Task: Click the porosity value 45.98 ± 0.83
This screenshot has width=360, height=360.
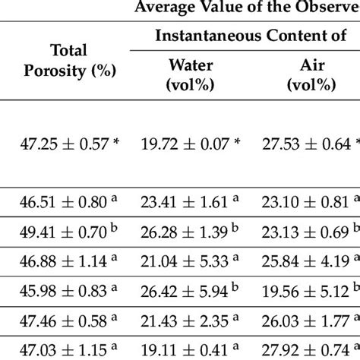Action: [68, 289]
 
